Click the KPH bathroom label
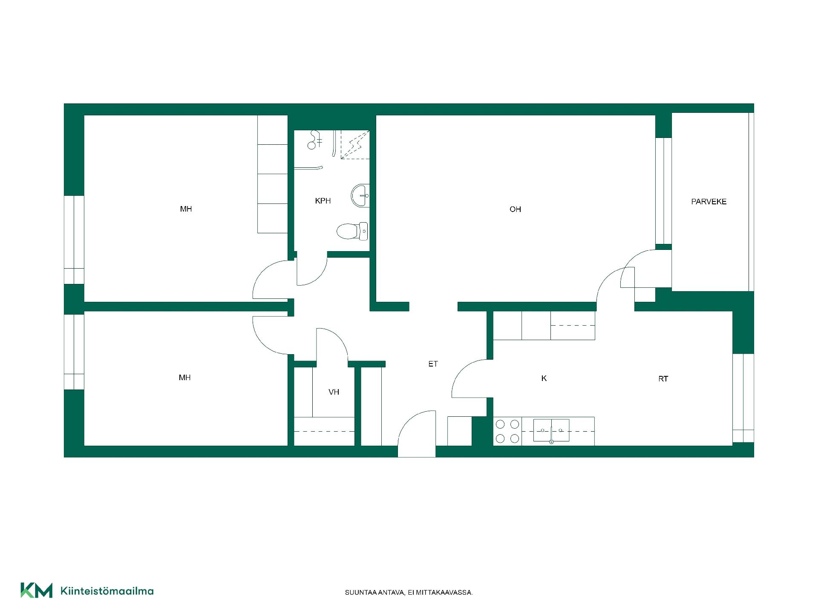323,201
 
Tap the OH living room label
515,209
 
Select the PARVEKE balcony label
709,202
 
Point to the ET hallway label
433,364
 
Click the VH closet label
334,392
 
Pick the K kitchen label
544,378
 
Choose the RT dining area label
663,379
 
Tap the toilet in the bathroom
352,231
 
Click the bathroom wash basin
360,196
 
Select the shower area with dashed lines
355,145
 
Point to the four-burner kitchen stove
507,431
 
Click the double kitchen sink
551,430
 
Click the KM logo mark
36,590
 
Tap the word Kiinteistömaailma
107,591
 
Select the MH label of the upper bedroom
186,209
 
